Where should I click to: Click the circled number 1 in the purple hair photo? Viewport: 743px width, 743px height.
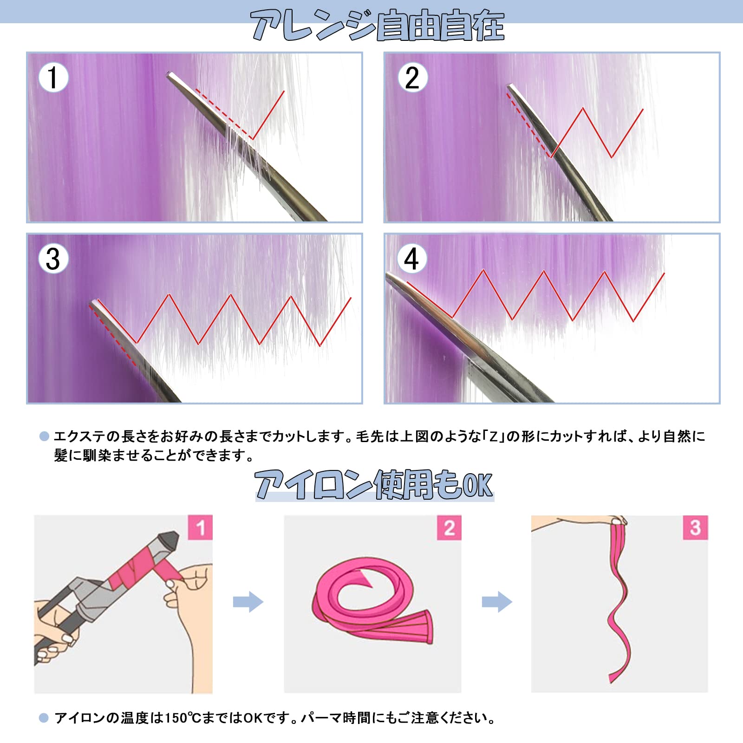click(53, 77)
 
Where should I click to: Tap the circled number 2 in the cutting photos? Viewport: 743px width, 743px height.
click(412, 77)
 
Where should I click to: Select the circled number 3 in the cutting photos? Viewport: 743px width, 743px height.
click(53, 259)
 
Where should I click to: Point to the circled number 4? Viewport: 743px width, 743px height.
click(412, 259)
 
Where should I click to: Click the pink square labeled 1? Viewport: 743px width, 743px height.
click(200, 528)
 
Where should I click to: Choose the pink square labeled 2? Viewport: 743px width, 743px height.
click(449, 528)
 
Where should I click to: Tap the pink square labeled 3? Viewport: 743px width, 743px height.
click(695, 528)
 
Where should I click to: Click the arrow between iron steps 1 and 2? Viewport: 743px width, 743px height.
click(248, 602)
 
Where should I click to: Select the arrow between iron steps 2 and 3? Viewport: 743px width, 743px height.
click(497, 602)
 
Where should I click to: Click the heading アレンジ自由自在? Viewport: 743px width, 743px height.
click(378, 26)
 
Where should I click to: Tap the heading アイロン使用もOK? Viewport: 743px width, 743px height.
click(374, 484)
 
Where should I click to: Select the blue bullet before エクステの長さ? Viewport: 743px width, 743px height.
click(44, 437)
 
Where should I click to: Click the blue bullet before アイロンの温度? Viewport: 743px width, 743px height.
click(44, 718)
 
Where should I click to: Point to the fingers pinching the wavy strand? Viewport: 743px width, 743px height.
click(618, 520)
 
